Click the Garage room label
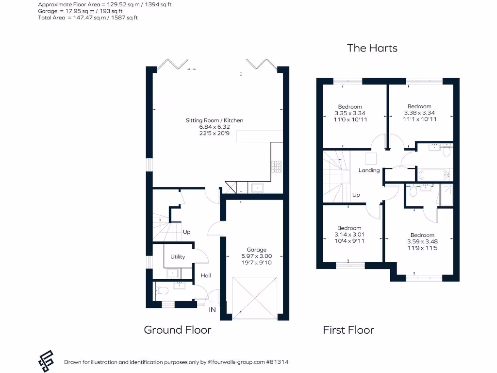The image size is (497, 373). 256,250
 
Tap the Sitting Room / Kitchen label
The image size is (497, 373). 214,120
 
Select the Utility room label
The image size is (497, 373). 178,256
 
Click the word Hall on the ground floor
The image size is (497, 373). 206,275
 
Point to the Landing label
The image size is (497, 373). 369,170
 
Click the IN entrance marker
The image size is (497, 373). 212,309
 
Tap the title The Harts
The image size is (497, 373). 372,48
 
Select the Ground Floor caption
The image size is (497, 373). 177,330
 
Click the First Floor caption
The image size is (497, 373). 348,330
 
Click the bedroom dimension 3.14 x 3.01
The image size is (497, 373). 349,234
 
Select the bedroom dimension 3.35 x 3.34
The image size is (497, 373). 350,113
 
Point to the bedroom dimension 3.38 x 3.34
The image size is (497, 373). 419,113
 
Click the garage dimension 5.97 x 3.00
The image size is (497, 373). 256,256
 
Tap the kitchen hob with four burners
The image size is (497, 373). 277,167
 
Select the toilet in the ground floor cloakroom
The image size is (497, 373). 162,291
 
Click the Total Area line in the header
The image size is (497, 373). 88,17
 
